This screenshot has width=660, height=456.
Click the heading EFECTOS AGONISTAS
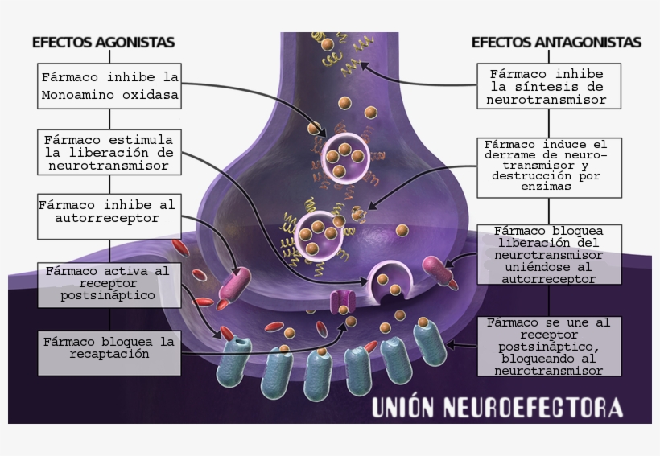(103, 42)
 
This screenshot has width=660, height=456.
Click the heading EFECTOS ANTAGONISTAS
(556, 42)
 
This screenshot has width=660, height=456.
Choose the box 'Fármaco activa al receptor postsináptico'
(108, 284)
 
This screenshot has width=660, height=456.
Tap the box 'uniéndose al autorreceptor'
(549, 254)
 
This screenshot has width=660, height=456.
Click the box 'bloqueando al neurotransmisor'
(549, 346)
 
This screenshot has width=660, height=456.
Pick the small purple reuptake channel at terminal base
(343, 302)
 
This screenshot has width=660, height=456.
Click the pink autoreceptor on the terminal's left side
(237, 282)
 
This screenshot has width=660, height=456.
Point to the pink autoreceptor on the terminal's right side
(439, 271)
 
